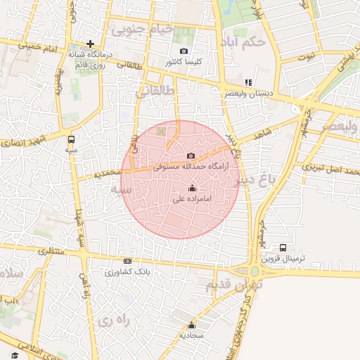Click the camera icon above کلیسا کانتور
(184, 51)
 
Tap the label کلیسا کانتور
(184, 62)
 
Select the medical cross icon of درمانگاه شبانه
(91, 44)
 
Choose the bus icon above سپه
(71, 139)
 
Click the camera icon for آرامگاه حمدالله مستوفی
(191, 155)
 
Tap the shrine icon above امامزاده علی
(192, 188)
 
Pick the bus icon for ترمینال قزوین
(283, 247)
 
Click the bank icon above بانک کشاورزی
(127, 261)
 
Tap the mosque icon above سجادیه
(191, 325)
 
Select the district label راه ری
(114, 321)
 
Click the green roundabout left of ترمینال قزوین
(255, 271)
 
